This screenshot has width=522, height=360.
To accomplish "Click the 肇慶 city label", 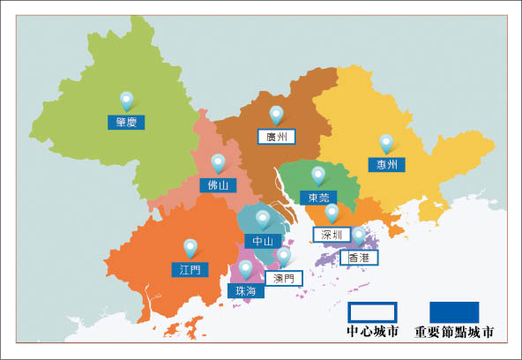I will (x=125, y=123).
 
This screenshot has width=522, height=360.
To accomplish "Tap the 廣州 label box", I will (x=276, y=137).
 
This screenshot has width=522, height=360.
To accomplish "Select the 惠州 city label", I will (x=385, y=165).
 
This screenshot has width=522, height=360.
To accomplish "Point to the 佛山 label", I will (x=218, y=185).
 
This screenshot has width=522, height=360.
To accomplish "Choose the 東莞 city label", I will (x=317, y=197).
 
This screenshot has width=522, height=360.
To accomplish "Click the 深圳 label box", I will (x=332, y=235).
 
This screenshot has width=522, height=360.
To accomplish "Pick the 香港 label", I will (x=359, y=258).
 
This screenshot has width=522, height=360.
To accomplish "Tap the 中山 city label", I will (x=262, y=240).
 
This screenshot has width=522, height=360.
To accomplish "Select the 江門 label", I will (x=190, y=269).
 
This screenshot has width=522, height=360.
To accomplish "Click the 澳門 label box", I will (x=284, y=278).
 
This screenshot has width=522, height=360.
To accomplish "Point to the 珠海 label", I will (x=245, y=290).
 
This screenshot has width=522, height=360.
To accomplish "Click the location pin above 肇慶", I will (x=126, y=101).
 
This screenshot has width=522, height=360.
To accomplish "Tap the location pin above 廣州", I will (x=276, y=114).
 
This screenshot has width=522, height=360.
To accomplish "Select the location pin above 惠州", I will (x=385, y=142).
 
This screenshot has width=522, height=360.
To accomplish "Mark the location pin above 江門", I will (x=190, y=247).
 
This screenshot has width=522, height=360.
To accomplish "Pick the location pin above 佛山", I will (x=218, y=162).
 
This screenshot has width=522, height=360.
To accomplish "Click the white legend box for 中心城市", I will (x=373, y=312).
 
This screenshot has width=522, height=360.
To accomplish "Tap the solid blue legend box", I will (x=454, y=312).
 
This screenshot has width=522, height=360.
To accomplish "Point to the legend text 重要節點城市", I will (x=454, y=334).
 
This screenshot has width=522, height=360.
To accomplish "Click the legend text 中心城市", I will (x=373, y=334).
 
